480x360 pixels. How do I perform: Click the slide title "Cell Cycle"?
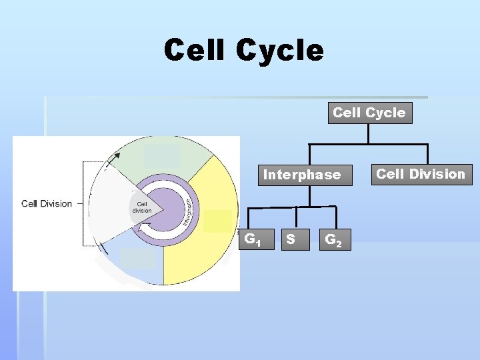pyautogui.click(x=243, y=51)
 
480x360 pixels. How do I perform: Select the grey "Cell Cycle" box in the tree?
pyautogui.click(x=369, y=113)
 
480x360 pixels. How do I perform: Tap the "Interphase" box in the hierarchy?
pyautogui.click(x=301, y=175)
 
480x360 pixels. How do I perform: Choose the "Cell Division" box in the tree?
pyautogui.click(x=421, y=174)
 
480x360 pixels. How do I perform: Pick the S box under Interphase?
pyautogui.click(x=291, y=238)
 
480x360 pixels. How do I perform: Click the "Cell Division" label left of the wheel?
pyautogui.click(x=47, y=203)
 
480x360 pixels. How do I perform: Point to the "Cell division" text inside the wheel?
pyautogui.click(x=142, y=207)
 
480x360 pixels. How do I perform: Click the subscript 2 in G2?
pyautogui.click(x=339, y=243)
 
